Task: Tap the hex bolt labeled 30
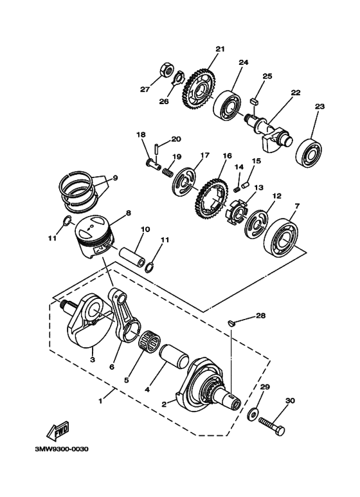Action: (271, 426)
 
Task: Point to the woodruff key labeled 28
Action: (231, 323)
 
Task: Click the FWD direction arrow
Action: (58, 431)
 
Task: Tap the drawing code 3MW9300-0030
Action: (62, 449)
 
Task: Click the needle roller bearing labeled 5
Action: (150, 341)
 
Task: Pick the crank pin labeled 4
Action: (175, 357)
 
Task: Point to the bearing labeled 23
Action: (309, 153)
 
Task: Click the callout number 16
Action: (227, 156)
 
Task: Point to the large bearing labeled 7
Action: (281, 235)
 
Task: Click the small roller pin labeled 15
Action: (246, 184)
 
